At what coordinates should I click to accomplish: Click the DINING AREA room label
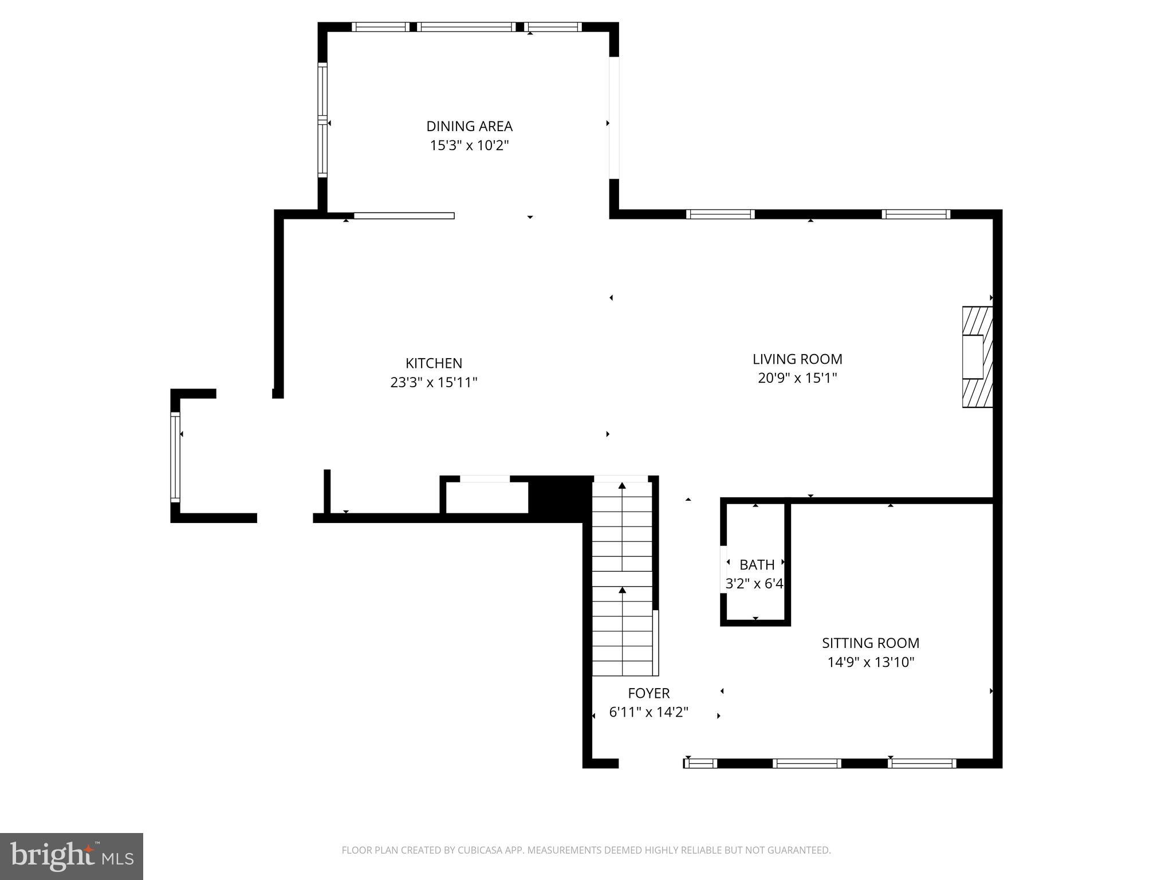[469, 126]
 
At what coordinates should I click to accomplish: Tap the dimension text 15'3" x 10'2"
[469, 146]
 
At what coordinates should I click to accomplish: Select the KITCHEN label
[434, 363]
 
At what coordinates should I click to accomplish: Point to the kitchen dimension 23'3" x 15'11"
[434, 382]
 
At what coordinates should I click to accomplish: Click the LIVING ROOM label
[797, 359]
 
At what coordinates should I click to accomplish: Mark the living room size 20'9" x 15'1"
[797, 378]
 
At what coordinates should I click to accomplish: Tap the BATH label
[757, 565]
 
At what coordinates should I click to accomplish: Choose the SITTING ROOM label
[871, 643]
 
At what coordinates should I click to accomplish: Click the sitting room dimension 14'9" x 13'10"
[871, 662]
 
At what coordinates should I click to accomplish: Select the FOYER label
[648, 693]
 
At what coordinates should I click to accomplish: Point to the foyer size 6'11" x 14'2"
[648, 712]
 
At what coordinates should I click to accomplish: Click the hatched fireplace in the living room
[977, 357]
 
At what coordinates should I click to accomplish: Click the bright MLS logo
[72, 857]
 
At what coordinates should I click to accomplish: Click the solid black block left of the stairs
[560, 498]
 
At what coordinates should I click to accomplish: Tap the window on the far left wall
[175, 457]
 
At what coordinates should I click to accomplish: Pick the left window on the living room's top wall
[720, 214]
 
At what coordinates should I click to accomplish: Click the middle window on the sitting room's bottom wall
[806, 763]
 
